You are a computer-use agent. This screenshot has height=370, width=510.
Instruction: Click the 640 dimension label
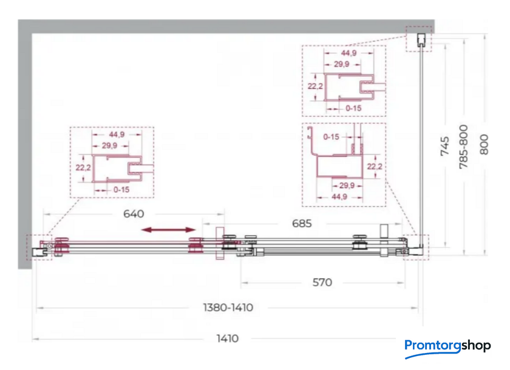[134, 214]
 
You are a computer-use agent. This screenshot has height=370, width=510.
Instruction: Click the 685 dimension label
[302, 223]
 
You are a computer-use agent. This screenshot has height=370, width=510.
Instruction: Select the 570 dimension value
[322, 282]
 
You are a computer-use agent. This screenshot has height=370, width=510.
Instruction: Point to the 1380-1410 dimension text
[228, 308]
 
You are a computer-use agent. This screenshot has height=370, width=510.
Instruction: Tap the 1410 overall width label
[228, 338]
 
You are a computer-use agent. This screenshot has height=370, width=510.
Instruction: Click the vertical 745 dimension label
[444, 146]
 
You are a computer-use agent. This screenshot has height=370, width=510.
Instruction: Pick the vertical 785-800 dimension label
[463, 147]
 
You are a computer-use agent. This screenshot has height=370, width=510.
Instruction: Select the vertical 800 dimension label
[484, 144]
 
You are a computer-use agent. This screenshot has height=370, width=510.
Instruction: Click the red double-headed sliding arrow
[169, 230]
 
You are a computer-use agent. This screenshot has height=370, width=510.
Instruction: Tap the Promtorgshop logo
[447, 348]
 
